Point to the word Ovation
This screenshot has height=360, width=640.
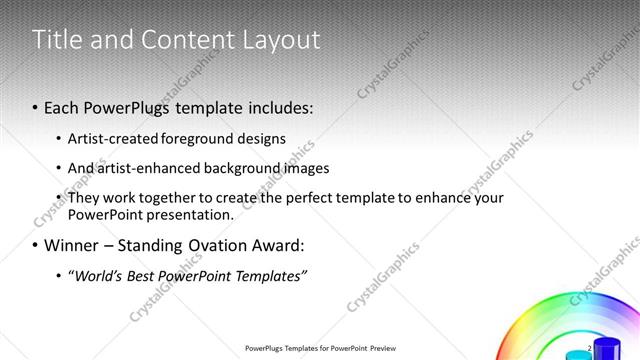(215, 246)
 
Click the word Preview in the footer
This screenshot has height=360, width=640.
(378, 349)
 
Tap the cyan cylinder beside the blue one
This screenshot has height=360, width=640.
(576, 355)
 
